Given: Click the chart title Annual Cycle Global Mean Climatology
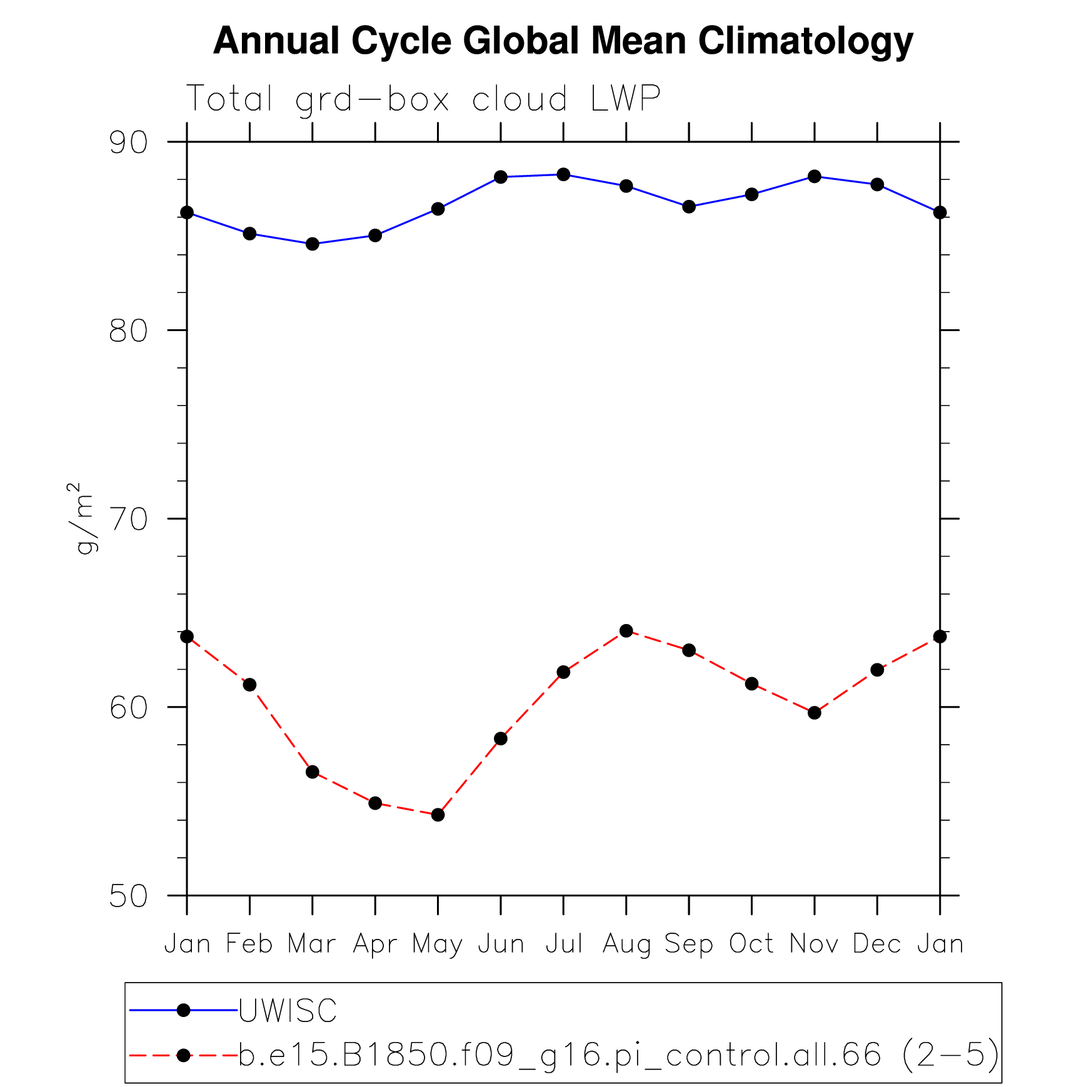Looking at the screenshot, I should pyautogui.click(x=563, y=41).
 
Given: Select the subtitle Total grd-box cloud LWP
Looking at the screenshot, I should pyautogui.click(x=423, y=99).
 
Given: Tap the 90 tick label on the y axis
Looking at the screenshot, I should pyautogui.click(x=128, y=143).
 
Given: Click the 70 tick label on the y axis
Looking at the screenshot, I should pyautogui.click(x=128, y=519).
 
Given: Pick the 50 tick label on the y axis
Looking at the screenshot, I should pyautogui.click(x=128, y=896).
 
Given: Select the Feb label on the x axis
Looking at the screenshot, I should pyautogui.click(x=249, y=943).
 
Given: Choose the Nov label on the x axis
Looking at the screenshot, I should pyautogui.click(x=814, y=943).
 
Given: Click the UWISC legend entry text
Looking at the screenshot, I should pyautogui.click(x=288, y=1011).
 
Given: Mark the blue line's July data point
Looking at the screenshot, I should pyautogui.click(x=563, y=174).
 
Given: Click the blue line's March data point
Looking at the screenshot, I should pyautogui.click(x=313, y=244).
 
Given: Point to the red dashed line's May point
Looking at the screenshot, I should pyautogui.click(x=438, y=815).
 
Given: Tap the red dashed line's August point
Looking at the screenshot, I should pyautogui.click(x=626, y=631).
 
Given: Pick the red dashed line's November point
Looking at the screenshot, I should pyautogui.click(x=814, y=713).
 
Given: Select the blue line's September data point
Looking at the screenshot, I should pyautogui.click(x=689, y=206).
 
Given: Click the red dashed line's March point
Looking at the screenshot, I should pyautogui.click(x=313, y=772).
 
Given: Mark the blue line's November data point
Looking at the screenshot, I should pyautogui.click(x=814, y=176).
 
